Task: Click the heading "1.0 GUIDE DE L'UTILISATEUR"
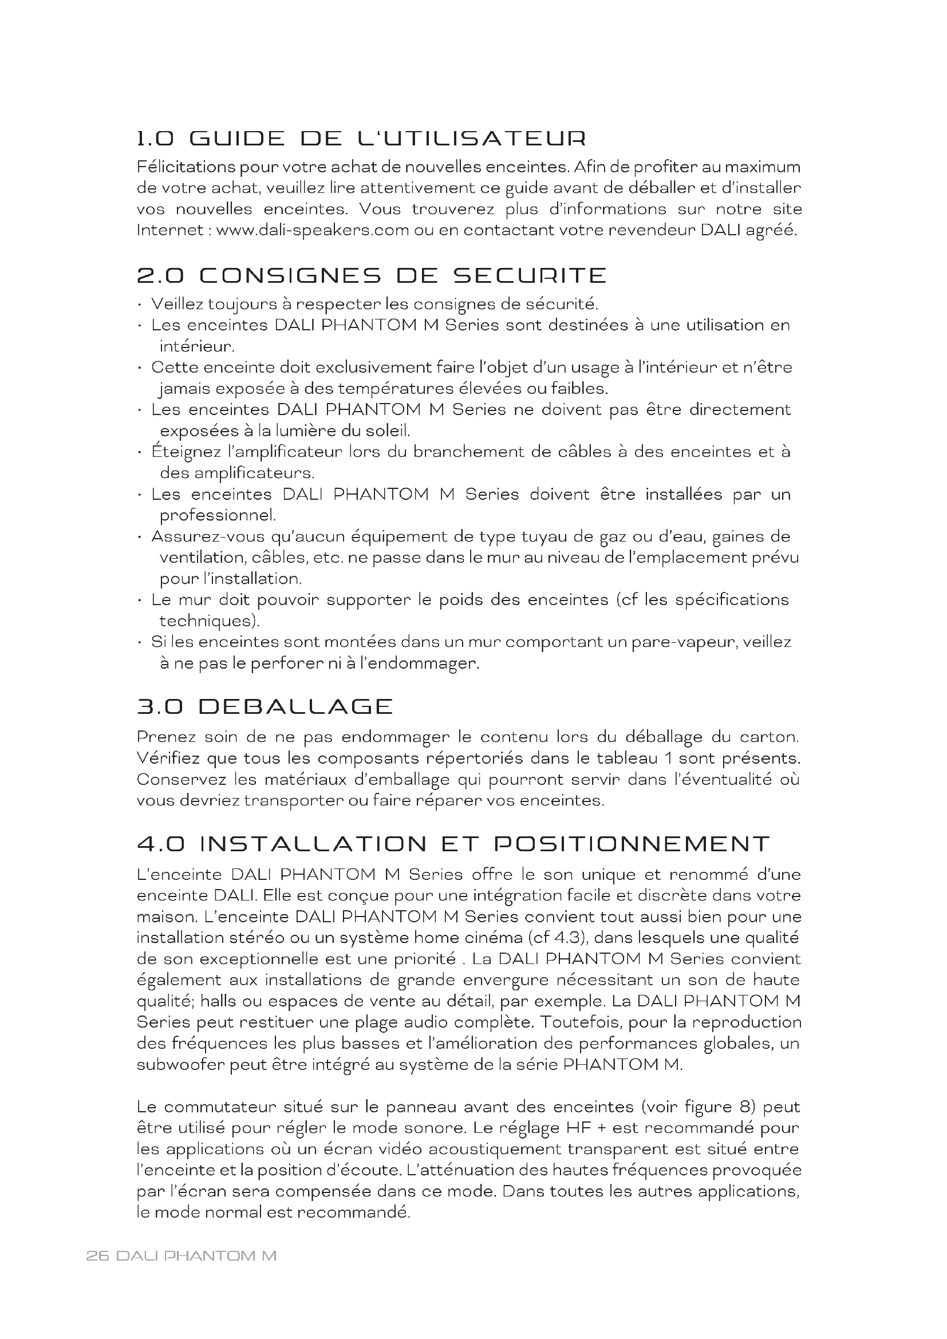[361, 139]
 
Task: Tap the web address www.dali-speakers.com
[312, 230]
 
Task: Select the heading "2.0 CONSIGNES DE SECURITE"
[372, 276]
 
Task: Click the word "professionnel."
[218, 516]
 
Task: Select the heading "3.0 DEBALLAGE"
[265, 707]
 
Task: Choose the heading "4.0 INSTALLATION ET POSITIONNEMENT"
[453, 844]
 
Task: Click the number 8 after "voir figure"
[748, 1107]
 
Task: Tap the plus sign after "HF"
[601, 1128]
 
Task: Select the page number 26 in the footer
[97, 1255]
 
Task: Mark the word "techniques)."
[210, 621]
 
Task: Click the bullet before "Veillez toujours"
[140, 305]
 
